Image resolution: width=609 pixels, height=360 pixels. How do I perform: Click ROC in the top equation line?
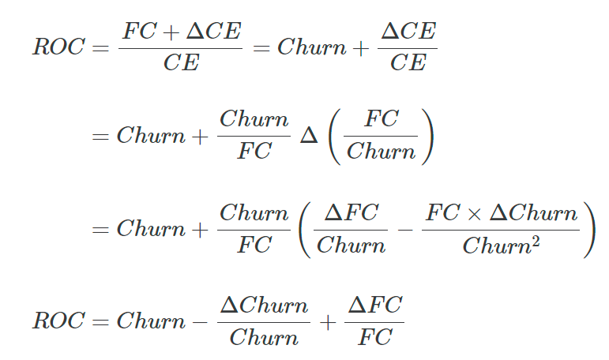[58, 47]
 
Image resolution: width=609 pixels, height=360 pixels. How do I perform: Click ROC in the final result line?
[58, 321]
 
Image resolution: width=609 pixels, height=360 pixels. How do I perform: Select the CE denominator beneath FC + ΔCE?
[182, 62]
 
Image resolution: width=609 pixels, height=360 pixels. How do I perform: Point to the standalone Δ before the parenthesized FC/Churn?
[309, 136]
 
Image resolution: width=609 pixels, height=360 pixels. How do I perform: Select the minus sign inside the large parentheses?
[405, 230]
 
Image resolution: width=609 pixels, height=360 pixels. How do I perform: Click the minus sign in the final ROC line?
[200, 322]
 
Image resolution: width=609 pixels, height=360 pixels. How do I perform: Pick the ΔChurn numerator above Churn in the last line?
[264, 306]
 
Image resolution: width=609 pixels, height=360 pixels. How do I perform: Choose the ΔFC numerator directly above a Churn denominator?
[351, 213]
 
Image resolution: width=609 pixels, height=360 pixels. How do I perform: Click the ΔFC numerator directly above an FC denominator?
[374, 305]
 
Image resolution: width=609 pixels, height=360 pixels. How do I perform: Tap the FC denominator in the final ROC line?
[374, 336]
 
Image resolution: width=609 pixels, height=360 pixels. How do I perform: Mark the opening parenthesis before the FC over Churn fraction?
[335, 137]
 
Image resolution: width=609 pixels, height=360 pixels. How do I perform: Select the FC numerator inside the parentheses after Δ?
[381, 118]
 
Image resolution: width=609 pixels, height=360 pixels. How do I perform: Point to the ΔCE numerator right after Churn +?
[408, 31]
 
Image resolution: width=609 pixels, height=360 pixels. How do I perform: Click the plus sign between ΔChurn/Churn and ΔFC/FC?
[328, 322]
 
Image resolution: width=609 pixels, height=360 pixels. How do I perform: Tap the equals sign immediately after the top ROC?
[100, 48]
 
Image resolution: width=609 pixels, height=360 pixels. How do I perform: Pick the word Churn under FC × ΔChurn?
[497, 246]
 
